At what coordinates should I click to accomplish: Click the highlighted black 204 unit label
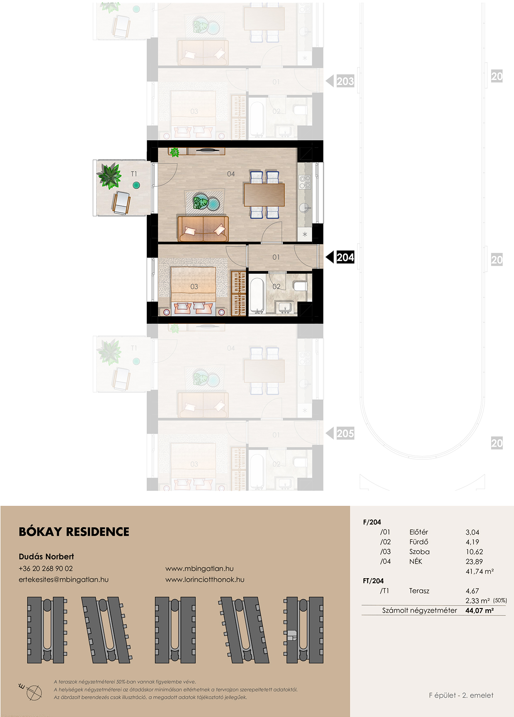(x=345, y=257)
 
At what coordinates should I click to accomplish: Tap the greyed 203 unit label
(x=345, y=81)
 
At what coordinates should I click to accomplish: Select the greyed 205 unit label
(x=345, y=434)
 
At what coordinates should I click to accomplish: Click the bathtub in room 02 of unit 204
(x=257, y=295)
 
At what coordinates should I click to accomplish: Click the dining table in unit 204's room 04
(x=264, y=195)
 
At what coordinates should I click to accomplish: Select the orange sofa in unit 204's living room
(x=203, y=228)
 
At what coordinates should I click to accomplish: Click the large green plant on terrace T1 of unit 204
(x=109, y=176)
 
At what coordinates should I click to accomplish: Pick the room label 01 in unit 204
(x=276, y=257)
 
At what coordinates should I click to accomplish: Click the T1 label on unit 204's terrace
(x=134, y=174)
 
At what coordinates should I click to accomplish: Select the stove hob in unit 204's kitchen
(x=305, y=182)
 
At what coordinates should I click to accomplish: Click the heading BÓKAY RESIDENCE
(x=74, y=531)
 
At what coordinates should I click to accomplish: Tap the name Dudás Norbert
(x=46, y=556)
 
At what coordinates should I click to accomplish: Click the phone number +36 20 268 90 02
(x=46, y=569)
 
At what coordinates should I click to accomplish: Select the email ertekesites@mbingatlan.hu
(x=63, y=579)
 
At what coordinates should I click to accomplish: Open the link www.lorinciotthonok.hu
(x=205, y=579)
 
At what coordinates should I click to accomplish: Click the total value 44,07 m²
(x=480, y=611)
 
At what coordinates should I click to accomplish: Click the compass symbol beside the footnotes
(x=32, y=691)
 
